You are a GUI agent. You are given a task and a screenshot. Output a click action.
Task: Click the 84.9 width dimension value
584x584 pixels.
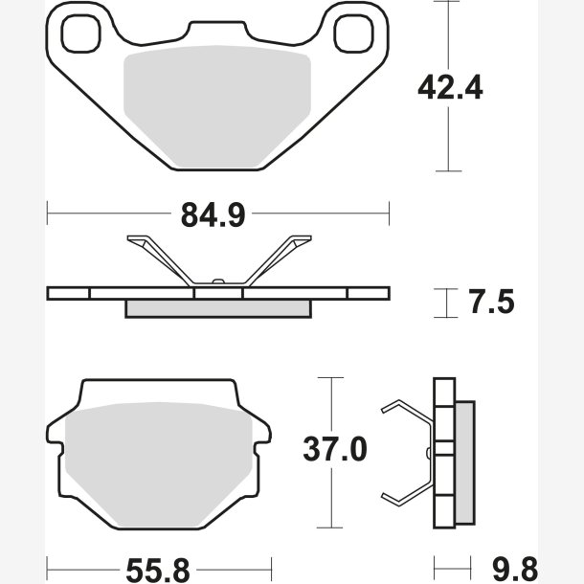coord(213,214)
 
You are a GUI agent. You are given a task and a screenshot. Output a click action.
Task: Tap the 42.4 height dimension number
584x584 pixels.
coord(450,87)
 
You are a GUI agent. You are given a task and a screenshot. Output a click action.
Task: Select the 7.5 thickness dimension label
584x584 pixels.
coord(492,302)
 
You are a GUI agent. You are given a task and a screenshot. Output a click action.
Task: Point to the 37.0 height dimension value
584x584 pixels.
coord(335,449)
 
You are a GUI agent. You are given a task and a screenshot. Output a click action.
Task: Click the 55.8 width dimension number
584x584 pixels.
coord(158,571)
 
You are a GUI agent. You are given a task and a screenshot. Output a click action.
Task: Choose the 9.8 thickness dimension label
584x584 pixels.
coord(515,571)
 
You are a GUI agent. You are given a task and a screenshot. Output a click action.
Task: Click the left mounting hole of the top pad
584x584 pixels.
coord(80,34)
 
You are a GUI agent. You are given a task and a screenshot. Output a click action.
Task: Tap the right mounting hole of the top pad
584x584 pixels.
coord(353,34)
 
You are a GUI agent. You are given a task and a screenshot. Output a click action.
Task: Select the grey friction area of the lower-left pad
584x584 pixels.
coord(159,465)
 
